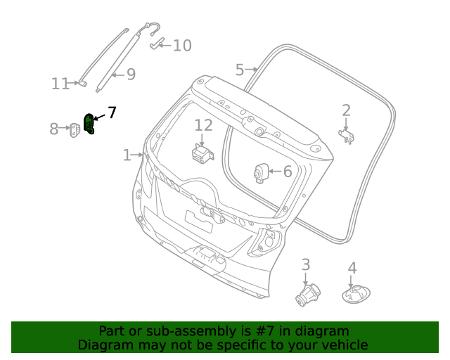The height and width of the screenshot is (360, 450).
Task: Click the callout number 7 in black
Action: point(112,112)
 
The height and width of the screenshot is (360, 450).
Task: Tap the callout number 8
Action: point(54,129)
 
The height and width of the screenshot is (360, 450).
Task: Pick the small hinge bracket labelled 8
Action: point(75,129)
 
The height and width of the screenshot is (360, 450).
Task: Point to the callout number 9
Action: point(131,74)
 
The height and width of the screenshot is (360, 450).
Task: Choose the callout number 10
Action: point(182,46)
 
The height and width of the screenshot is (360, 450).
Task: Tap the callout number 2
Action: point(346,110)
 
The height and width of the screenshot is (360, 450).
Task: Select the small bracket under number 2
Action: point(347,135)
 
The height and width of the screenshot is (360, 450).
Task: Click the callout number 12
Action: point(203,125)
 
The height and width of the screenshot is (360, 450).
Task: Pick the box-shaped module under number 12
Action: point(203,153)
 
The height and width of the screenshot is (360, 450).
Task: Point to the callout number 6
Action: point(287,171)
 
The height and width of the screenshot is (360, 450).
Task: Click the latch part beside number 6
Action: point(262,172)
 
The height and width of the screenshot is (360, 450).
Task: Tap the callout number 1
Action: point(127,155)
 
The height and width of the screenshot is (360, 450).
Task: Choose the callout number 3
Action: point(306,264)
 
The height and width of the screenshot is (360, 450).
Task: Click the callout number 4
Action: point(352,268)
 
